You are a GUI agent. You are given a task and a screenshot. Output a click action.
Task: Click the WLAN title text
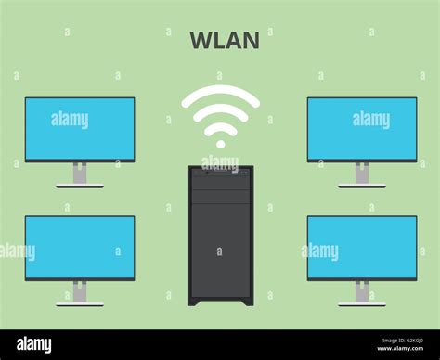(x=225, y=41)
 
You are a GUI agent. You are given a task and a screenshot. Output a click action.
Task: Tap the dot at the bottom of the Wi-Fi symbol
(x=220, y=144)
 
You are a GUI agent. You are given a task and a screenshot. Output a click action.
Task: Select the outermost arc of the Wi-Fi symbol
(x=220, y=90)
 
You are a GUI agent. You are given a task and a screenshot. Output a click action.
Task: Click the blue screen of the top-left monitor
(x=80, y=128)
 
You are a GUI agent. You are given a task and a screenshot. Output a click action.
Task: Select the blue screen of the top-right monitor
(x=362, y=128)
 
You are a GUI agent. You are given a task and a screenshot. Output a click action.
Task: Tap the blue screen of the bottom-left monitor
(x=80, y=247)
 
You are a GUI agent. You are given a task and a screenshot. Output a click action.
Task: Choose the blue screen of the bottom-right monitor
(x=362, y=247)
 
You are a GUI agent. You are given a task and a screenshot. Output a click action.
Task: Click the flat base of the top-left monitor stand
(x=80, y=186)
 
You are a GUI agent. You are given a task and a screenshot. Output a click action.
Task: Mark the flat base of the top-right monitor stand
(x=362, y=186)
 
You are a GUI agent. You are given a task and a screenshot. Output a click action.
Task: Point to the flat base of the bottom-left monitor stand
(x=80, y=303)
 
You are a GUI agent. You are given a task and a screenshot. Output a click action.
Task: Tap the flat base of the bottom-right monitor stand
(x=362, y=303)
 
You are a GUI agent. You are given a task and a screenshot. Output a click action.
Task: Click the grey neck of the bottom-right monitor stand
(x=362, y=291)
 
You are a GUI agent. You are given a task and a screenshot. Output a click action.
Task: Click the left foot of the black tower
(x=194, y=302)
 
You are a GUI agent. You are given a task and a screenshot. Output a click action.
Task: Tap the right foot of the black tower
(x=247, y=302)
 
